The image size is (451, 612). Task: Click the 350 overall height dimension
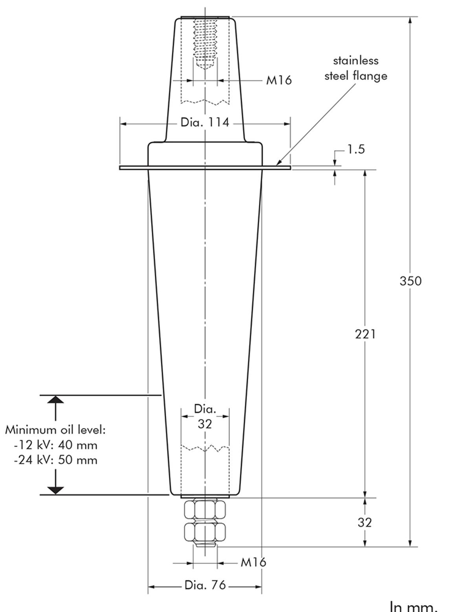click(410, 281)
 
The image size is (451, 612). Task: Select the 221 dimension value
click(365, 334)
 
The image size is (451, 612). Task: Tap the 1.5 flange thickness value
click(356, 150)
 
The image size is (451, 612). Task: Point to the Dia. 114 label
click(205, 122)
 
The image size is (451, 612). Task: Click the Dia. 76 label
click(205, 585)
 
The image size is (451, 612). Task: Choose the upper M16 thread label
click(279, 80)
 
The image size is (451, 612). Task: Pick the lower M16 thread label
click(253, 562)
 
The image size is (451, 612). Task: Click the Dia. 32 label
click(205, 417)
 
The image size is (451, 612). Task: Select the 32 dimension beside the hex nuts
click(365, 522)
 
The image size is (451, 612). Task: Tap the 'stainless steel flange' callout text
click(356, 68)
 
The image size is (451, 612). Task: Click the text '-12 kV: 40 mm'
click(55, 445)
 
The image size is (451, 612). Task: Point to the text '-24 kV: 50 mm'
click(55, 460)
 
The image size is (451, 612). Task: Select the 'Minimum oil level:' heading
click(55, 430)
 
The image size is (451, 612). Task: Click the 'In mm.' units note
click(413, 606)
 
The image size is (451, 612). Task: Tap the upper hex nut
click(205, 510)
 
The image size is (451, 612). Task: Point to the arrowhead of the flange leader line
click(277, 163)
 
